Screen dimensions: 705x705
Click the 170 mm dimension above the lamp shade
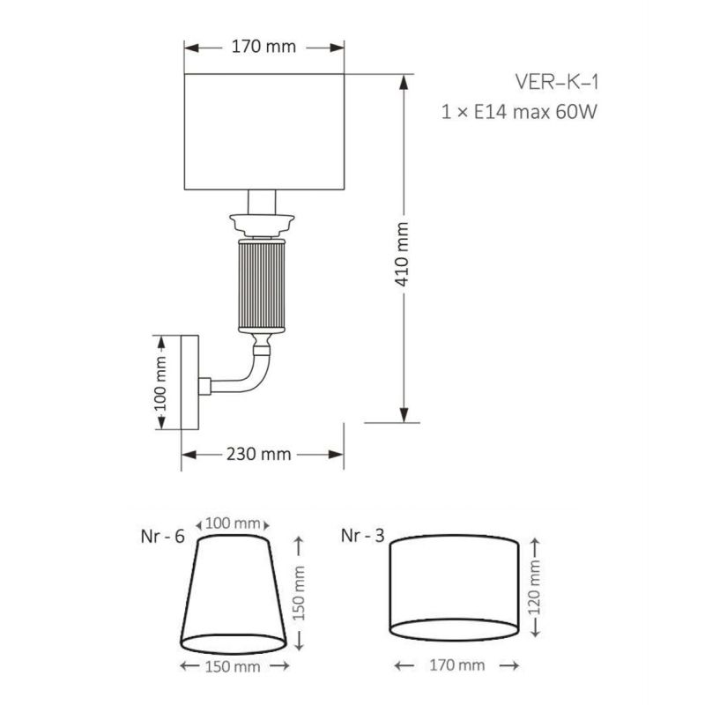tap(263, 47)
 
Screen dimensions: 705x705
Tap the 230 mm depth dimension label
tap(259, 455)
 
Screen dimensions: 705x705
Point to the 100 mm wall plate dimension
tap(160, 383)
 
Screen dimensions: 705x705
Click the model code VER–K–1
tap(557, 82)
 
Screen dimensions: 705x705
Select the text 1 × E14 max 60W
tap(519, 112)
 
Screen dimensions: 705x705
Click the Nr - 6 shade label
tap(163, 537)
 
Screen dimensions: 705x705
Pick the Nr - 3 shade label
tap(363, 536)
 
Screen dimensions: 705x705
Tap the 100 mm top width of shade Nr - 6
tap(233, 523)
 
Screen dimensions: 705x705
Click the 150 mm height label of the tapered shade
tap(299, 593)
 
